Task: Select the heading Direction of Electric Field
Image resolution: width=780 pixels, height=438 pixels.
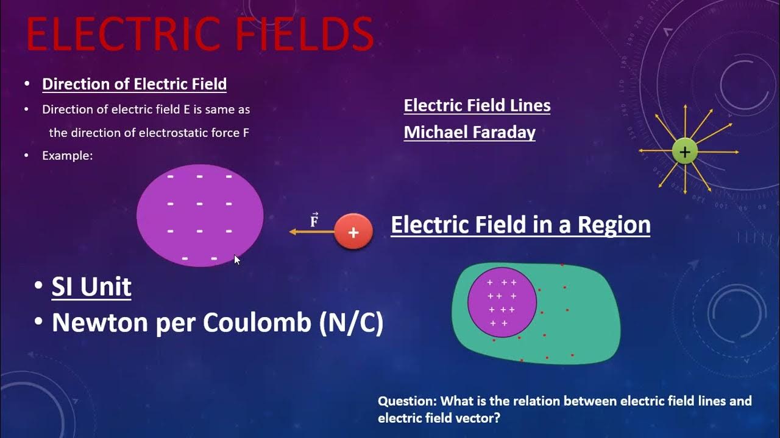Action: click(x=134, y=84)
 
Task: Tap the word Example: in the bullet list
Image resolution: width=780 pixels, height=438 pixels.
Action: click(x=67, y=156)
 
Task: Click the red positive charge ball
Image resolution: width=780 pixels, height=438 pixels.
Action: click(x=353, y=232)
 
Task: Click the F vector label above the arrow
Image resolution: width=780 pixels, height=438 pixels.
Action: click(x=314, y=220)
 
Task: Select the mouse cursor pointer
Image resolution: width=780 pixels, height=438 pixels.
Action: click(x=237, y=260)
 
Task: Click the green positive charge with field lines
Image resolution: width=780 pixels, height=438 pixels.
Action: click(x=684, y=151)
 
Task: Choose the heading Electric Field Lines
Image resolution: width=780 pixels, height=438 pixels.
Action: click(x=477, y=106)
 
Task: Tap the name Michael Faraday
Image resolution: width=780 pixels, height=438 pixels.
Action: click(x=469, y=133)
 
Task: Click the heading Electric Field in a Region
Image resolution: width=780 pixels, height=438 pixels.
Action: click(x=520, y=225)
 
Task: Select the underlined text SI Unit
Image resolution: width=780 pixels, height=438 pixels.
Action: click(x=91, y=287)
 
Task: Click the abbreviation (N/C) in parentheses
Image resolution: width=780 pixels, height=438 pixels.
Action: click(x=351, y=323)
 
